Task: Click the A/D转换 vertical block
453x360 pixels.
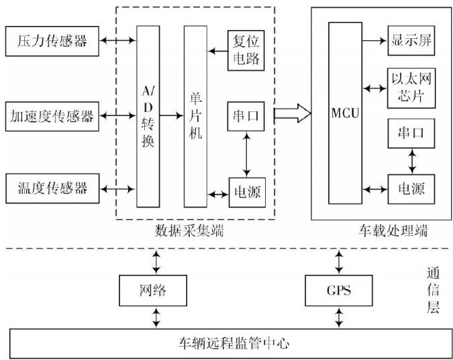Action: click(148, 116)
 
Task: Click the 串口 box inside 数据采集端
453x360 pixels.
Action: click(245, 116)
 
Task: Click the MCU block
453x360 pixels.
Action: click(345, 113)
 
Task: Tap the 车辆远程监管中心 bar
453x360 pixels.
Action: click(226, 343)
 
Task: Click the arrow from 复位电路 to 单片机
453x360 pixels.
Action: click(217, 50)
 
